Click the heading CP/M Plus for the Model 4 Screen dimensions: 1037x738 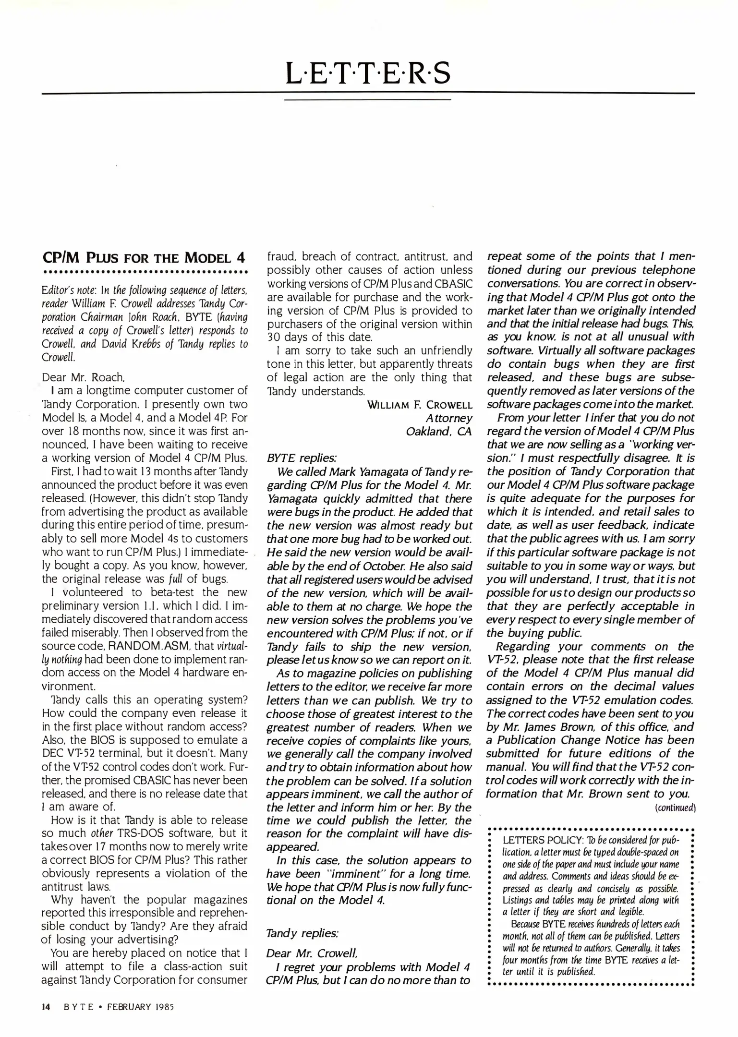tap(145, 258)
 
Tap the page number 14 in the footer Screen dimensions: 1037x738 tap(46, 1007)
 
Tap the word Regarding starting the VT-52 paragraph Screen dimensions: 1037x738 tap(524, 646)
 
